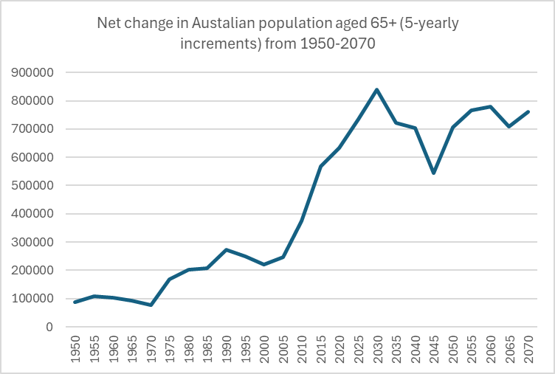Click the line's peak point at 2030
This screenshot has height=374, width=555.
377,90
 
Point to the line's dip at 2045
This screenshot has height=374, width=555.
433,173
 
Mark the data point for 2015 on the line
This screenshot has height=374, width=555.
321,167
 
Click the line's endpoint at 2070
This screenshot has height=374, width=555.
528,111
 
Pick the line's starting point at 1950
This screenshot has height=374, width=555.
75,302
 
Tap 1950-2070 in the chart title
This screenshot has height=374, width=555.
337,43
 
